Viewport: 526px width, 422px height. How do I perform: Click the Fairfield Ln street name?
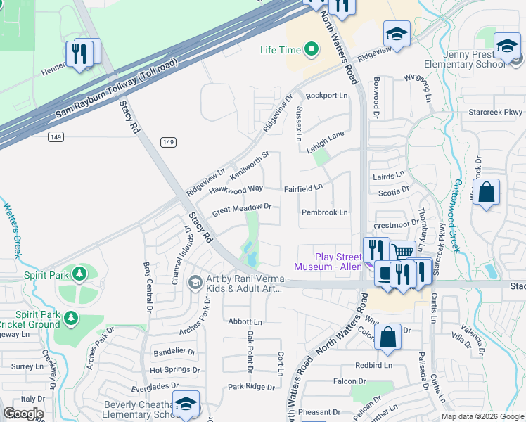coord(303,188)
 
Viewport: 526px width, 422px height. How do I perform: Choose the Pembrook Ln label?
coord(324,212)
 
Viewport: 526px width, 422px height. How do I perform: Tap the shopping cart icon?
coord(402,252)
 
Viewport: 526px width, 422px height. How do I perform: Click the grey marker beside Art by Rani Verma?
coord(195,281)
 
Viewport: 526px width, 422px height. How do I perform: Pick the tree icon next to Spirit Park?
coord(80,273)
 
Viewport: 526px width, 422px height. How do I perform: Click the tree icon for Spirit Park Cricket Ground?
coord(70,319)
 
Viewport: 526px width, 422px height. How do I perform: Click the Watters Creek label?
coord(11,231)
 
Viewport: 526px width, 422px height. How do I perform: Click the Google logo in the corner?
coord(23,414)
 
